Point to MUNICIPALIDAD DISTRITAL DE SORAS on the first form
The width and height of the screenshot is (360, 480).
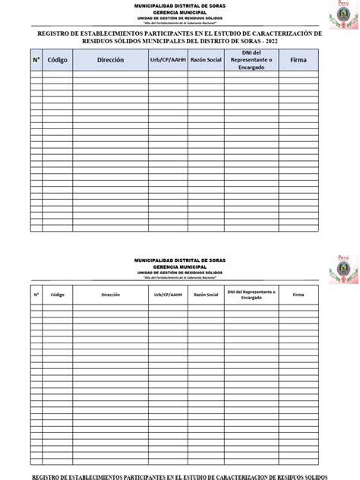pos(180,5)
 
